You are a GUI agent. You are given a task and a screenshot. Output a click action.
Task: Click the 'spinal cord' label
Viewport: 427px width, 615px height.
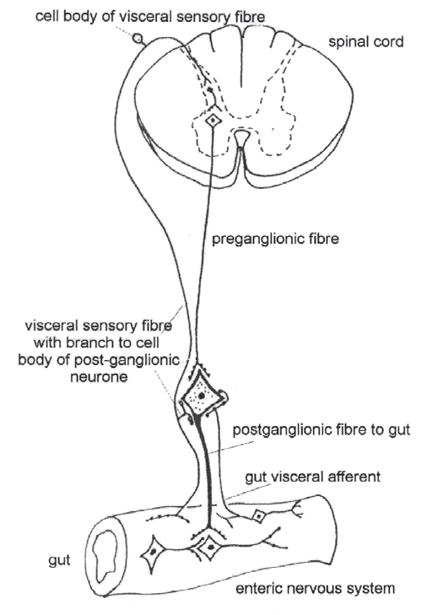point(365,42)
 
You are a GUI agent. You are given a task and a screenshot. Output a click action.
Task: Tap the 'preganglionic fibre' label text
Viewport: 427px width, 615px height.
point(275,239)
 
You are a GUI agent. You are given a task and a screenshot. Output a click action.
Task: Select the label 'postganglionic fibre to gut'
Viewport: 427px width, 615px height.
point(322,430)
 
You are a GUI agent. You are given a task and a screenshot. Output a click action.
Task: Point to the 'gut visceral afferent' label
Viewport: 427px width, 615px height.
point(313,477)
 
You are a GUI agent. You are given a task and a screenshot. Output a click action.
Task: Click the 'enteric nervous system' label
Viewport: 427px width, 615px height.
point(315,588)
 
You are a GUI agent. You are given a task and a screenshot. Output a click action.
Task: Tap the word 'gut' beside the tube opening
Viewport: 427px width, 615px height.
point(60,560)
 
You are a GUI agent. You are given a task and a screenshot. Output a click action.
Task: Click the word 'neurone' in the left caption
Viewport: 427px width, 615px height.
point(99,377)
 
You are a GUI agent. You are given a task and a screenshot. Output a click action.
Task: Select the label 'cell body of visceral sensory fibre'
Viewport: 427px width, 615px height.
point(150,17)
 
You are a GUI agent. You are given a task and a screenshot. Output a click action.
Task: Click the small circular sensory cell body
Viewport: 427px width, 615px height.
point(138,39)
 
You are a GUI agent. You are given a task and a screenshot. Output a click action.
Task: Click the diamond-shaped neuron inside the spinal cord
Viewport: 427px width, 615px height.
point(213,120)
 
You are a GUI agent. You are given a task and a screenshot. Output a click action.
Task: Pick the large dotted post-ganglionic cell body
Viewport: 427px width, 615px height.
point(201,397)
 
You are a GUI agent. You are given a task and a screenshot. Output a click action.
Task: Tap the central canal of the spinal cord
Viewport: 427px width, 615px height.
point(241,138)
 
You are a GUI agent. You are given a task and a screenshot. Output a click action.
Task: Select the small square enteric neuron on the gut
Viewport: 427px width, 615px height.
point(258,515)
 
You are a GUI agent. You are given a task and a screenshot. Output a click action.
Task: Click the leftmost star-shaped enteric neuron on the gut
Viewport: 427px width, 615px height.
point(153,552)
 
